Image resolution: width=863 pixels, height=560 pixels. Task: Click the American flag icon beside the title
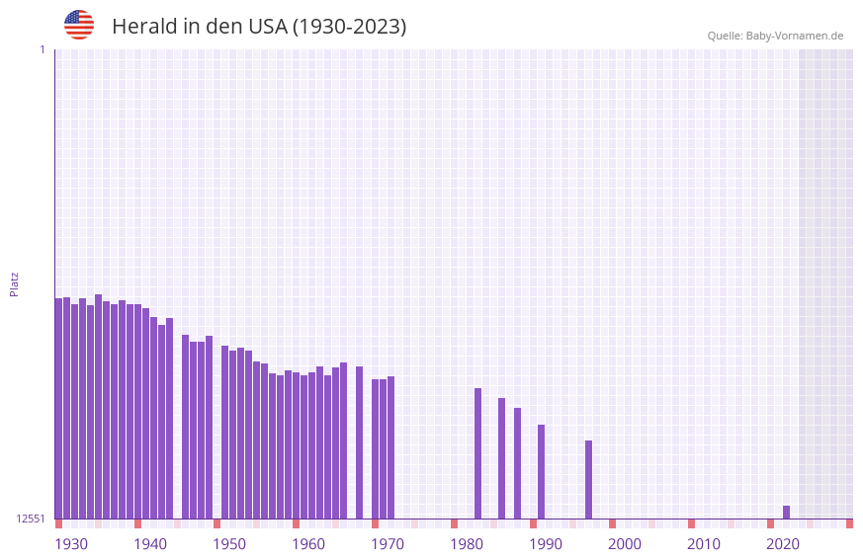click(x=79, y=25)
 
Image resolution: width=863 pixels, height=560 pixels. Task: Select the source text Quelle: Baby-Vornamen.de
click(x=775, y=36)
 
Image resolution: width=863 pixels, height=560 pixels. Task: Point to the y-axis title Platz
click(x=14, y=284)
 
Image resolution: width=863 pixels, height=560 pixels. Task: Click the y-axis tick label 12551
click(x=31, y=519)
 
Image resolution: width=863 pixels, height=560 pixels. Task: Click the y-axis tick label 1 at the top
click(x=42, y=49)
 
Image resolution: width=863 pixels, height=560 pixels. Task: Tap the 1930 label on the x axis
click(x=71, y=544)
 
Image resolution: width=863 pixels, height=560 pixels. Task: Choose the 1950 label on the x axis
click(x=229, y=544)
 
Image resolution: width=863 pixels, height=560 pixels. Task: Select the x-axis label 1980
click(x=467, y=544)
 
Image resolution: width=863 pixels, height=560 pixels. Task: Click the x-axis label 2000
click(x=625, y=544)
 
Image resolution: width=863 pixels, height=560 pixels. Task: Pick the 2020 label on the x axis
click(x=783, y=544)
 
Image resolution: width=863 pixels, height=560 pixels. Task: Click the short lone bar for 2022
click(x=786, y=512)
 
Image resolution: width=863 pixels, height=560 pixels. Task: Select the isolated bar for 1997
click(x=588, y=479)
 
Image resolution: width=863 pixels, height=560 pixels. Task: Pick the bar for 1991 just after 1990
click(x=541, y=471)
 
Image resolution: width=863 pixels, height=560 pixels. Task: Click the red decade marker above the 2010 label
click(x=691, y=523)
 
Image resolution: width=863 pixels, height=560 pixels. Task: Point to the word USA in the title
click(x=267, y=27)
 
